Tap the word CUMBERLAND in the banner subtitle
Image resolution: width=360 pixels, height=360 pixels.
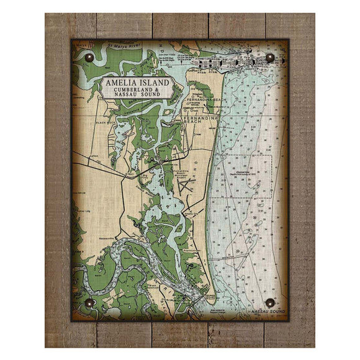click(128, 92)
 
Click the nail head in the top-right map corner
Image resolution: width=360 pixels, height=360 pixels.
click(271, 58)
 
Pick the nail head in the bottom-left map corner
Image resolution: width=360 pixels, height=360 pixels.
click(89, 303)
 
